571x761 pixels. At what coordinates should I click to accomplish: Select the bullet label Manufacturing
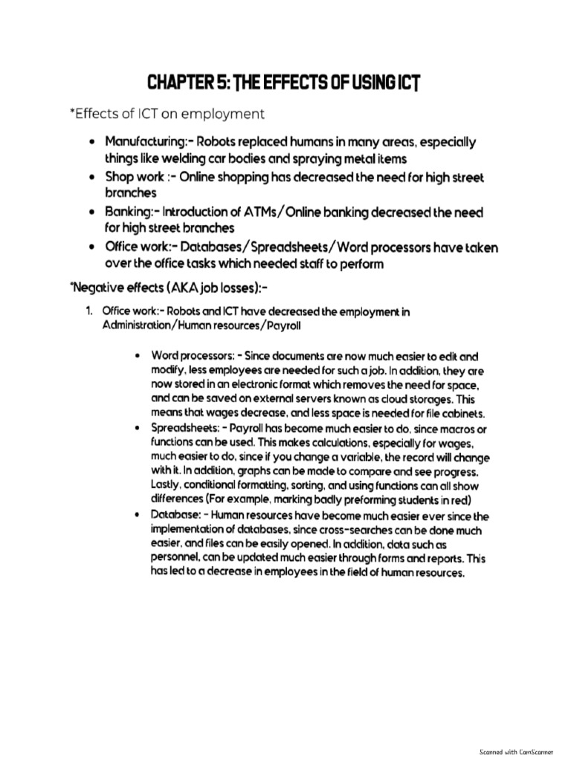[138, 141]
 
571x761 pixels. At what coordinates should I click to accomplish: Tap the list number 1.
[88, 311]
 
